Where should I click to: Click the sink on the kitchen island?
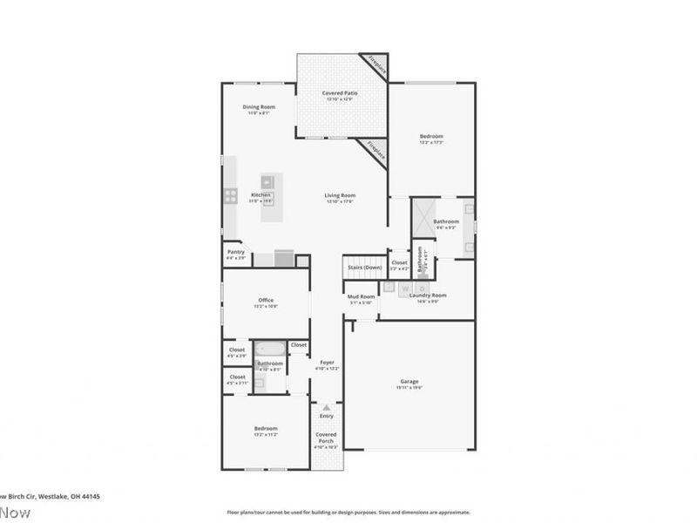tap(268, 182)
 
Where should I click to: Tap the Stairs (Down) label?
tap(364, 267)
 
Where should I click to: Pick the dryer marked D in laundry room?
tap(422, 287)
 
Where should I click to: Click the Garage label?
tap(409, 384)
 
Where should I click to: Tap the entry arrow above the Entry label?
tap(326, 407)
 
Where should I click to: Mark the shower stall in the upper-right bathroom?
tap(423, 216)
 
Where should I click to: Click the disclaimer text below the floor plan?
tap(348, 513)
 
